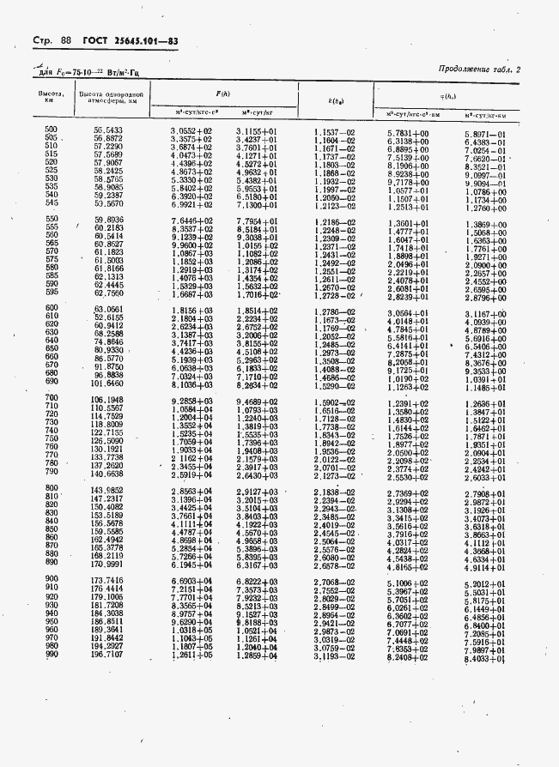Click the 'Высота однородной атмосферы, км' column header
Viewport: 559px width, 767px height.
[x=109, y=95]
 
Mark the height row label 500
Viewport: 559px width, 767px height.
[x=50, y=130]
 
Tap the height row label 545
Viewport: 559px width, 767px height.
[x=50, y=203]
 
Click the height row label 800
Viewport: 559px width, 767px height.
[x=50, y=490]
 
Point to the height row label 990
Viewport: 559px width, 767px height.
[x=50, y=655]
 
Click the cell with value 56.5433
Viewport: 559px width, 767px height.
[x=108, y=130]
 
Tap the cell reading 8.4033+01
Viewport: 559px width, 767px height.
[x=485, y=658]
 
